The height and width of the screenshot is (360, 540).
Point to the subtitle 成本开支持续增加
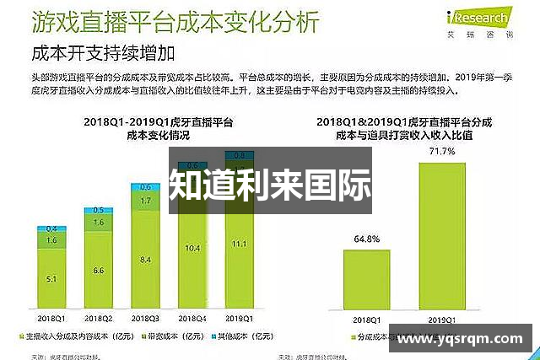point(102,54)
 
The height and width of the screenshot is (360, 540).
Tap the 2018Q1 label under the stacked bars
point(51,319)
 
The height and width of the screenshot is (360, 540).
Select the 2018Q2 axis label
point(99,319)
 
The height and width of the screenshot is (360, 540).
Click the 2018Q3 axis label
point(145,319)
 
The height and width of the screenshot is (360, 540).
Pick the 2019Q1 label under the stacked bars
point(240,319)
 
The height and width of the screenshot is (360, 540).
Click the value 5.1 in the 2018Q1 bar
point(51,279)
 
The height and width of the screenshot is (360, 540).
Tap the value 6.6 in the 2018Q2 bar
point(99,271)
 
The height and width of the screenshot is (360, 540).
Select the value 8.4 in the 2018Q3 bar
point(145,259)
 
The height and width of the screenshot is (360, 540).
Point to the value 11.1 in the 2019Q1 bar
point(240,244)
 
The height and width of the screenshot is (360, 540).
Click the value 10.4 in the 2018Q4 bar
point(192,248)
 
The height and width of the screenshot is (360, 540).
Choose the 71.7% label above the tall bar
point(442,152)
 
